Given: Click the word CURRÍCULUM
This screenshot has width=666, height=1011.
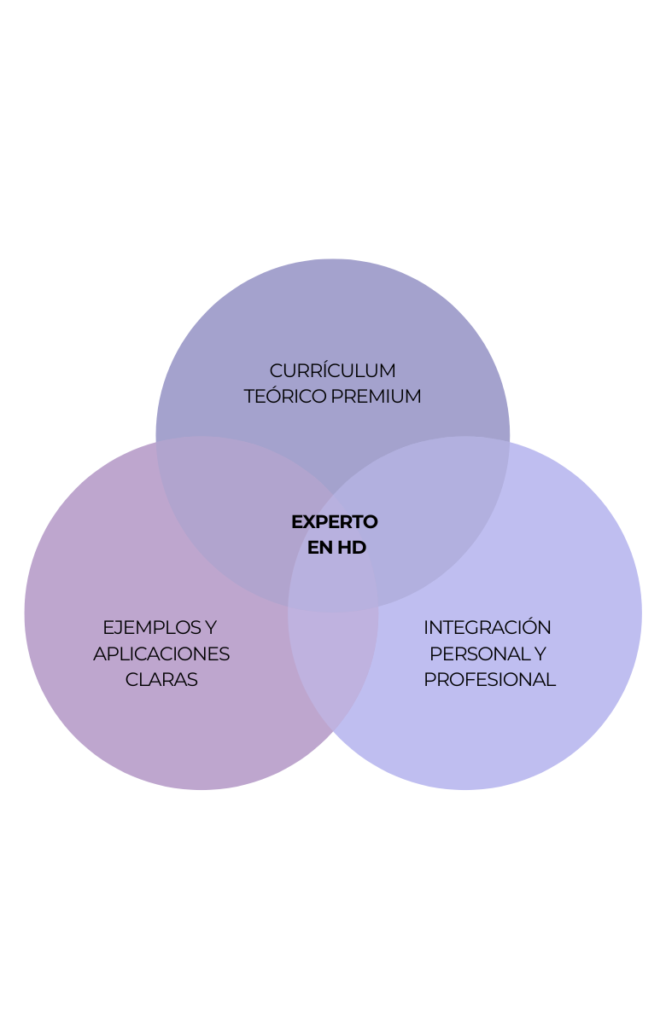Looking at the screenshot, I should point(332,371).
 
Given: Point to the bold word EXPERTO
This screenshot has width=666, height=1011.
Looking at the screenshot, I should point(334,521).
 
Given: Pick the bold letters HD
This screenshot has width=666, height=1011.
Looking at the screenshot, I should point(351,548).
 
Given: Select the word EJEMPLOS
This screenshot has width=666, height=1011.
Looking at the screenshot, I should point(150,628).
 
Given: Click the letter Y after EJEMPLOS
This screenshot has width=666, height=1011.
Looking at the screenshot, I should point(210,628).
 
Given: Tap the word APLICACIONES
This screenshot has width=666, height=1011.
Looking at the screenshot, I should point(161,654).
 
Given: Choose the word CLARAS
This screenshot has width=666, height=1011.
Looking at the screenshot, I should point(161,680).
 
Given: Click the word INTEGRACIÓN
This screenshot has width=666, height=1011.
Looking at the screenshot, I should point(488,628).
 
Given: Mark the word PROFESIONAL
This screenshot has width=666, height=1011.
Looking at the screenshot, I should point(489,680).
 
